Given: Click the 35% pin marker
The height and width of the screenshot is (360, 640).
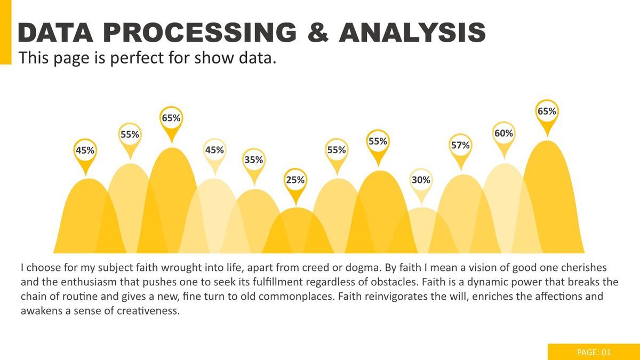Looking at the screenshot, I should (254, 160).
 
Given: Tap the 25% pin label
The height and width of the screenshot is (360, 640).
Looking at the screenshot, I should (295, 180).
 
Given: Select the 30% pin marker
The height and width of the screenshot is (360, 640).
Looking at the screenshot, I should (421, 180).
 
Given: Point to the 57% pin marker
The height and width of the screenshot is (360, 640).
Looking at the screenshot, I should (460, 145).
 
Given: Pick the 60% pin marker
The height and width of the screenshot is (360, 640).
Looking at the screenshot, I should (503, 133).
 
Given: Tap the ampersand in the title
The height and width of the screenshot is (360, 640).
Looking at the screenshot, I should (317, 33).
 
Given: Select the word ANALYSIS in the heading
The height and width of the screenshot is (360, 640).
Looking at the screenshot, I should (412, 33).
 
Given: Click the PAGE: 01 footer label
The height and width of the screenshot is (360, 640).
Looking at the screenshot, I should (594, 352).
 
